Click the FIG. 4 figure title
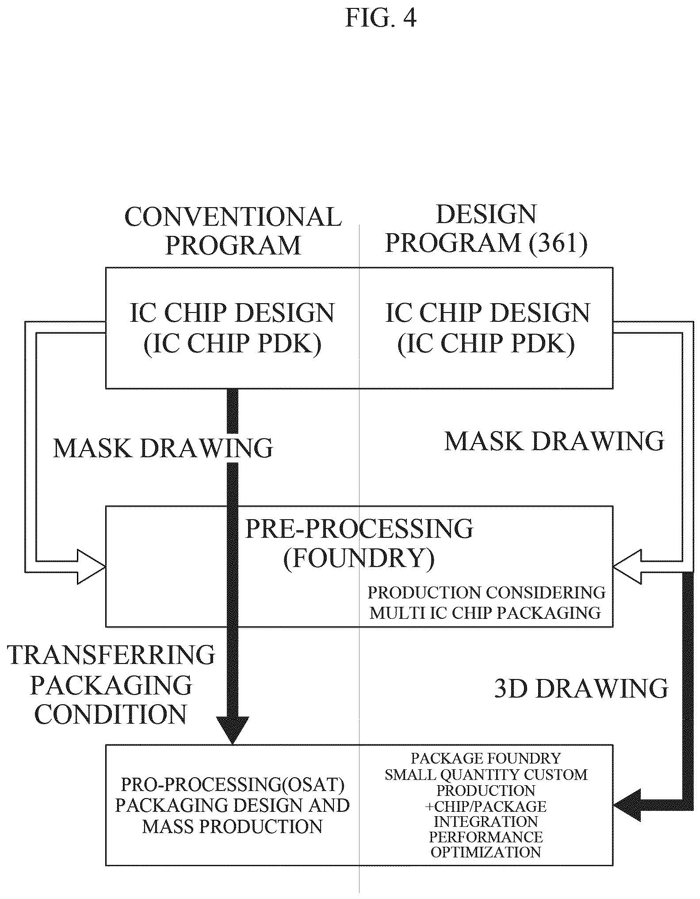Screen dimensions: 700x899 point(381,19)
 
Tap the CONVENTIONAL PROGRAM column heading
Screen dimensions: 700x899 point(233,231)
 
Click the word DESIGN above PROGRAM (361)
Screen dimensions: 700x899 point(486,214)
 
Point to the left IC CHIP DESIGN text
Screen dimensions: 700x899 point(233,313)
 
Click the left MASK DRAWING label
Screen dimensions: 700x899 point(163,448)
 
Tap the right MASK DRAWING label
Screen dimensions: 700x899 point(555,441)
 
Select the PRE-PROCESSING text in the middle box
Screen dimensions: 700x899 point(359,529)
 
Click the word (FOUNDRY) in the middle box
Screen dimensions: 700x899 point(359,559)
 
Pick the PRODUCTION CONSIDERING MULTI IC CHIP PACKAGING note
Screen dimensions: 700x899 point(486,603)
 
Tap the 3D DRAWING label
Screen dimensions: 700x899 point(581,689)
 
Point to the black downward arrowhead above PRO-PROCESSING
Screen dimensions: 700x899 point(232,730)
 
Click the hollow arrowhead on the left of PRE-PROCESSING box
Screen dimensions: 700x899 point(91,567)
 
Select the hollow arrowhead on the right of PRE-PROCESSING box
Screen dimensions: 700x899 point(627,567)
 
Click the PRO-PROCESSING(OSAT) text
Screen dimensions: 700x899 point(233,785)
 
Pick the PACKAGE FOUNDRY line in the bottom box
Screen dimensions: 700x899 point(486,758)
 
